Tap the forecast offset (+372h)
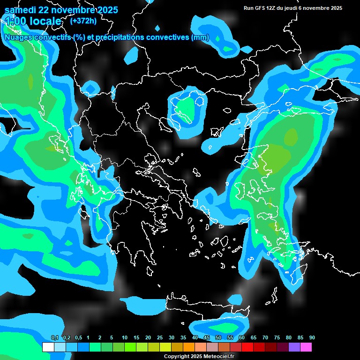(x=83, y=21)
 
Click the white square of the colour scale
(x=48, y=347)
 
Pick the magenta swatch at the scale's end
(x=306, y=347)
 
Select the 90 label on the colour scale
(x=312, y=338)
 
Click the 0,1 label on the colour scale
(x=54, y=338)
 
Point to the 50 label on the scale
(x=218, y=338)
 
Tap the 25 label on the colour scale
(x=160, y=338)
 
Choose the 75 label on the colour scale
(x=277, y=338)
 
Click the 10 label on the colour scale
(x=125, y=338)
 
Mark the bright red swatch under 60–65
(x=247, y=347)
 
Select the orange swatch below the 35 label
(x=189, y=347)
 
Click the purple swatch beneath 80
(x=294, y=347)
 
